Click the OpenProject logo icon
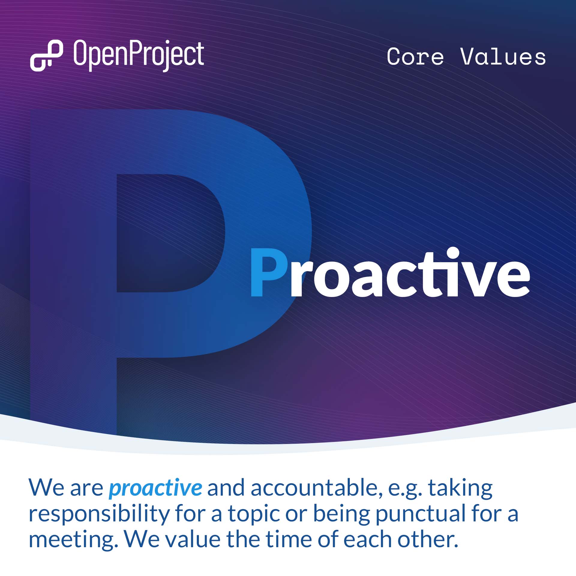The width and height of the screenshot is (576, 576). (x=46, y=56)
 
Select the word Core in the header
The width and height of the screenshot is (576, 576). (x=415, y=57)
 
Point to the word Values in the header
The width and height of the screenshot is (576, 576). (x=503, y=57)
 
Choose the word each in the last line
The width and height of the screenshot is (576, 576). (x=367, y=540)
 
